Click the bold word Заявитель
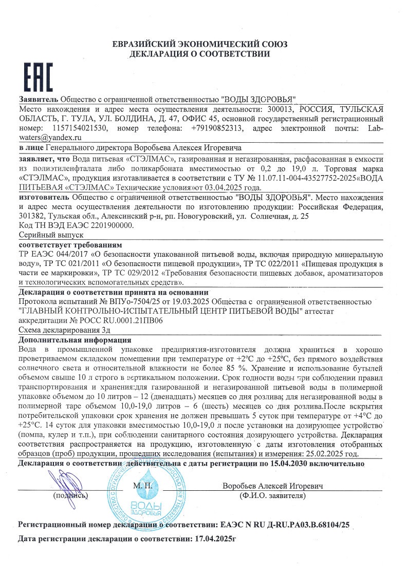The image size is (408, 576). click(39, 99)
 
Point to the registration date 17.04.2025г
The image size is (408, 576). click(213, 540)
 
